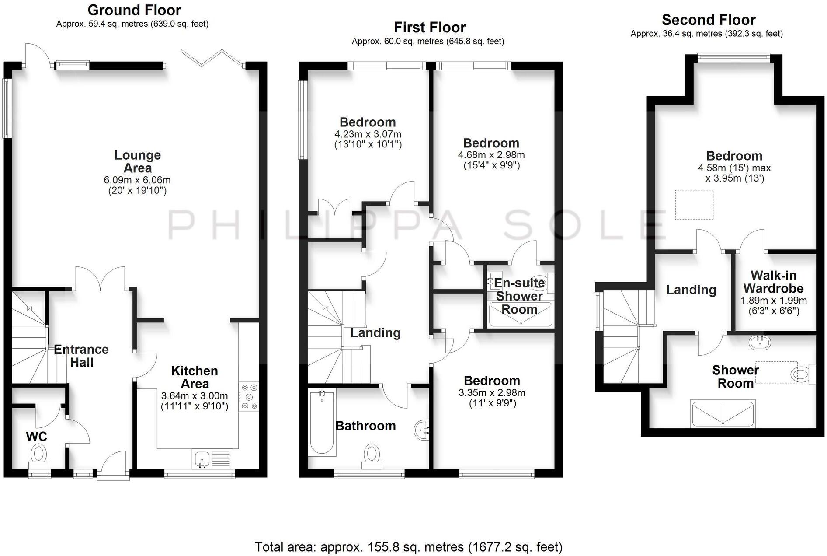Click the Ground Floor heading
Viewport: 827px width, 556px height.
134,10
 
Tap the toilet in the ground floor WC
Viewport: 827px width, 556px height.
38,455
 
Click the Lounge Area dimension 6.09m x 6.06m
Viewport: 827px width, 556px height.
137,180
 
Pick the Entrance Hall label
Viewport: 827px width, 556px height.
81,356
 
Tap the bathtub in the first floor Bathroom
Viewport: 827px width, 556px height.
322,423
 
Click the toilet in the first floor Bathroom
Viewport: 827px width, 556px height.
372,454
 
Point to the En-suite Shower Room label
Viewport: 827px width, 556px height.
519,296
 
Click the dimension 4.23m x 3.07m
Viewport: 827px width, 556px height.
368,134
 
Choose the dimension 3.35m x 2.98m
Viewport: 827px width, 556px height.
492,393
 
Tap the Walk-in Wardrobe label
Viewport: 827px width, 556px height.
773,282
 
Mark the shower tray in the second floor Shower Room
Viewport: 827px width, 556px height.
723,413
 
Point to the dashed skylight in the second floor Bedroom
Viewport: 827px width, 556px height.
694,204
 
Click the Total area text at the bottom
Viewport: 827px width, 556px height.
409,547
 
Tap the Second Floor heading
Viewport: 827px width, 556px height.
708,20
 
